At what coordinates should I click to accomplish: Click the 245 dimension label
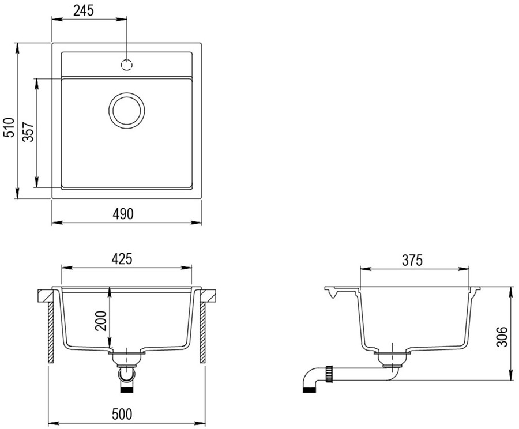[84, 10]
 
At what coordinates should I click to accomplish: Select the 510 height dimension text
[9, 127]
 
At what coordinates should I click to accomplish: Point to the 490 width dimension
[123, 214]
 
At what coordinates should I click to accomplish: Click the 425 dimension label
[122, 259]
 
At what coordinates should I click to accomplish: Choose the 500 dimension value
[122, 414]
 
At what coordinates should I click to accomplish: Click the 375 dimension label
[412, 260]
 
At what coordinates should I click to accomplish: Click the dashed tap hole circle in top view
[127, 64]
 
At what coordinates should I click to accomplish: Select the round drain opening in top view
[127, 110]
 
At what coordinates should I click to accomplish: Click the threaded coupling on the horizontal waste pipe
[330, 374]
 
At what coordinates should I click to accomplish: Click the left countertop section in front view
[44, 296]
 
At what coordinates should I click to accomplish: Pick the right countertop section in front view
[209, 296]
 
